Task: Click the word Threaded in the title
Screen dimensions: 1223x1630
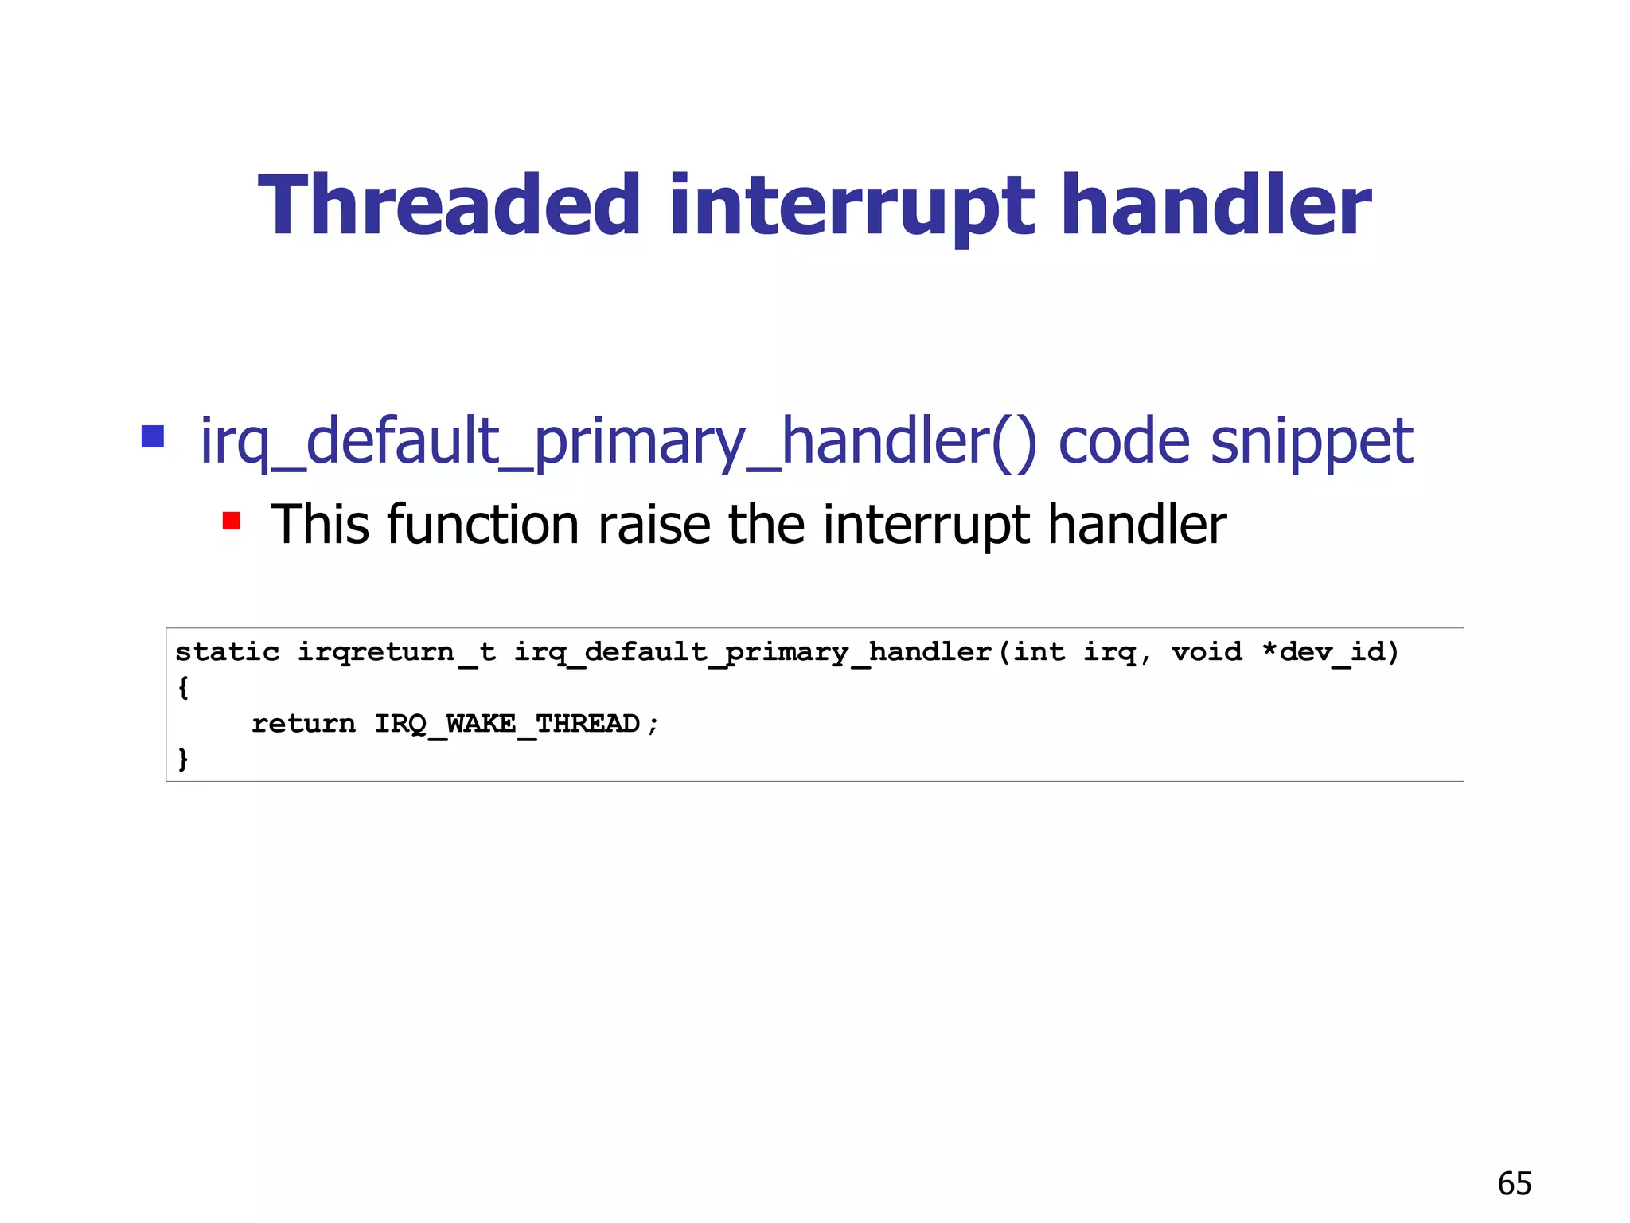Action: [x=449, y=205]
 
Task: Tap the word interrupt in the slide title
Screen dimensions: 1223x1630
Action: [x=852, y=207]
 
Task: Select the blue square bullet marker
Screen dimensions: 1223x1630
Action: [x=152, y=436]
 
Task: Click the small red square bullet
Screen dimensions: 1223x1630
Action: [x=232, y=521]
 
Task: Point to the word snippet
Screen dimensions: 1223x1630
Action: [x=1311, y=443]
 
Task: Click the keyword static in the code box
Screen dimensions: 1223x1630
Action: [x=228, y=652]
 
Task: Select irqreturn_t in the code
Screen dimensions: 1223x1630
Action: [x=396, y=652]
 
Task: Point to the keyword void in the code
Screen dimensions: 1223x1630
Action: [x=1206, y=652]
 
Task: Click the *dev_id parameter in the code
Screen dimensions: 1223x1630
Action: [x=1331, y=652]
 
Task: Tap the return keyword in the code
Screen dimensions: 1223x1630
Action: [x=303, y=724]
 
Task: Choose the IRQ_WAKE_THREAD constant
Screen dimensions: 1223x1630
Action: [x=507, y=724]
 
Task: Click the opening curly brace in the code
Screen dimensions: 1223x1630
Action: [x=183, y=687]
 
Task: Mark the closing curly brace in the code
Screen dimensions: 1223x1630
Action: [x=183, y=758]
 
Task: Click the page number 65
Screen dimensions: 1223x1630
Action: [x=1514, y=1184]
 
